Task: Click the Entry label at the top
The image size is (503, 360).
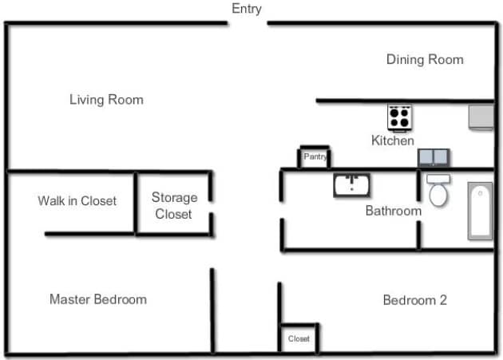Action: [x=246, y=9]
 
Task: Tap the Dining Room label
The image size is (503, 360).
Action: [x=425, y=59]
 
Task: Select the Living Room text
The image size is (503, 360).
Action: [x=106, y=100]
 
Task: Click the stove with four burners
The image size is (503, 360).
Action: [x=399, y=117]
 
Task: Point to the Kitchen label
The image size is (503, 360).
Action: [x=393, y=140]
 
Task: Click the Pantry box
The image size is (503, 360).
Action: [x=315, y=157]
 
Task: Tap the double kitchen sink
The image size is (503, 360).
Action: [x=434, y=157]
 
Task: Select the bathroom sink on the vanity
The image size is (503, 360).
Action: [x=351, y=185]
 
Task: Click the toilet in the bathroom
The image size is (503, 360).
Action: [x=438, y=192]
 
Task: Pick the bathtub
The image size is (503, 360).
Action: [x=480, y=211]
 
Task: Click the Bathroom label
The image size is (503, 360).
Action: [x=393, y=211]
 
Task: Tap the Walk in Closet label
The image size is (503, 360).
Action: [x=77, y=200]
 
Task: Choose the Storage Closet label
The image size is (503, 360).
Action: [x=174, y=205]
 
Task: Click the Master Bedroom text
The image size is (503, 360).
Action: [x=98, y=299]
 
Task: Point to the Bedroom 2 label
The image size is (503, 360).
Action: [x=414, y=300]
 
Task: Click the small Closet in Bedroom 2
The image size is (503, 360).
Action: [x=299, y=338]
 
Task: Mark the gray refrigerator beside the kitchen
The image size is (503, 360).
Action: [x=481, y=117]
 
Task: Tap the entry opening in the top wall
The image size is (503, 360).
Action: [x=247, y=24]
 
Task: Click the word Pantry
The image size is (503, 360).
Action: [x=315, y=156]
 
